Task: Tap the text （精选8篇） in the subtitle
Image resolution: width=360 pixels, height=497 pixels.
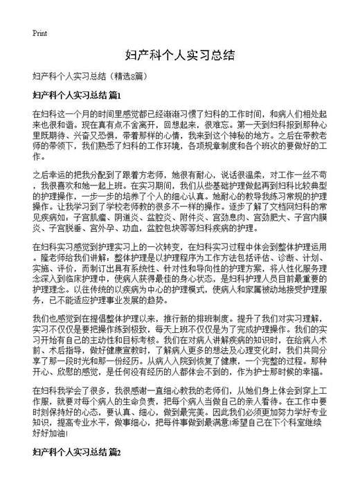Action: [x=126, y=75]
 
